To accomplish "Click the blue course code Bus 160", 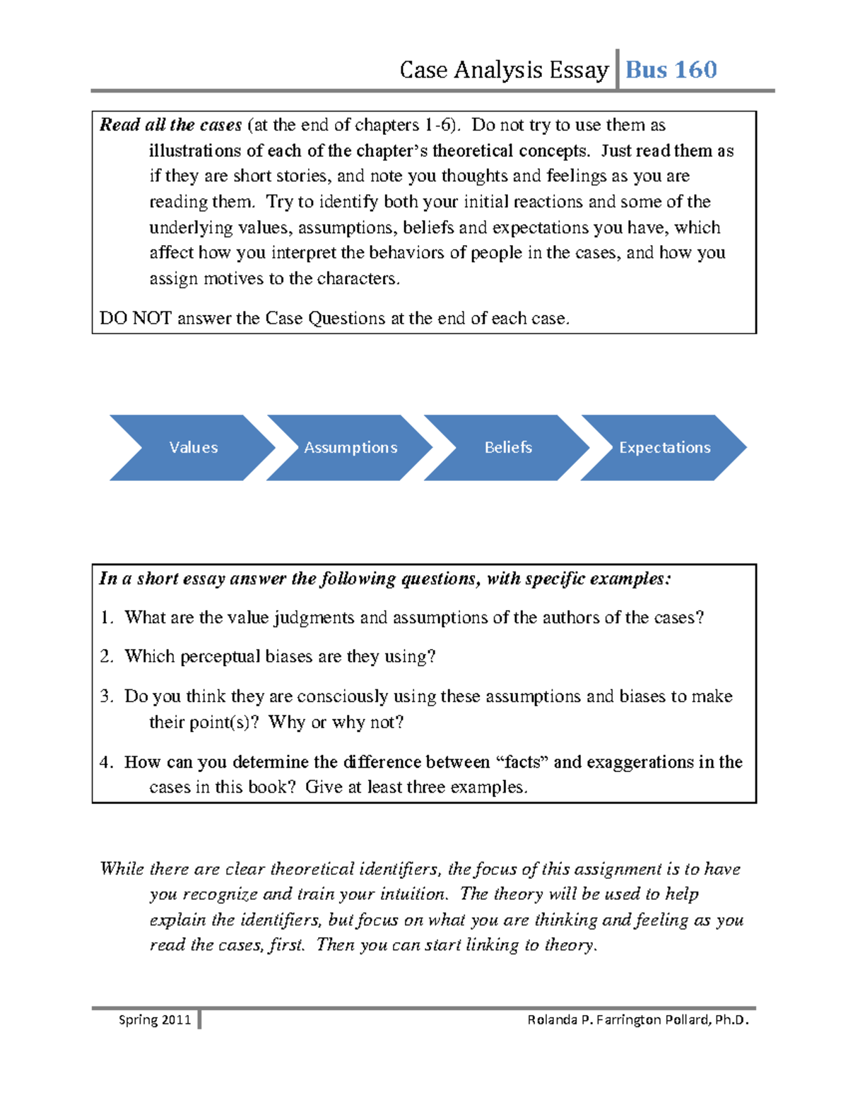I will pyautogui.click(x=671, y=70).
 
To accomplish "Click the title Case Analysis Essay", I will pyautogui.click(x=503, y=70).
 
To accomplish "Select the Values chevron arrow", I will pyautogui.click(x=193, y=448).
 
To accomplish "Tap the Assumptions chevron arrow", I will pyautogui.click(x=351, y=448).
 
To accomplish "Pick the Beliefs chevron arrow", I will pyautogui.click(x=507, y=448).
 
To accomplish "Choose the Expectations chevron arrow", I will pyautogui.click(x=664, y=448).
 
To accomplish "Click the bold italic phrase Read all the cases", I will pyautogui.click(x=170, y=125).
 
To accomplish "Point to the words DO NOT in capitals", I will pyautogui.click(x=135, y=319).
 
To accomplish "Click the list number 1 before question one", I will pyautogui.click(x=106, y=618).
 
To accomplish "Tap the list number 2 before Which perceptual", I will pyautogui.click(x=106, y=657).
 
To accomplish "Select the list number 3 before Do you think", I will pyautogui.click(x=106, y=696).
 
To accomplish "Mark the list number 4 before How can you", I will pyautogui.click(x=106, y=762).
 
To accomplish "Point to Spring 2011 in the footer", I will pyautogui.click(x=155, y=1019).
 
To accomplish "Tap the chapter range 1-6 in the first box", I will pyautogui.click(x=438, y=125).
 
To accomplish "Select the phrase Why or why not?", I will pyautogui.click(x=336, y=723).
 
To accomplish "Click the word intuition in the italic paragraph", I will pyautogui.click(x=413, y=894).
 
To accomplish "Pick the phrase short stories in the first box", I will pyautogui.click(x=283, y=176).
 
